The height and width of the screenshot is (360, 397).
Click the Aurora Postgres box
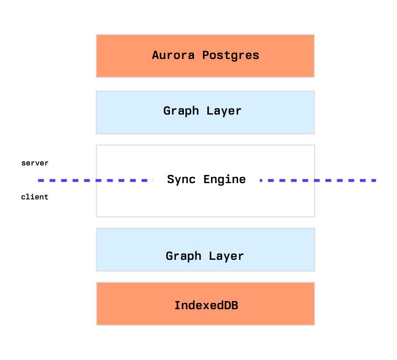click(x=205, y=56)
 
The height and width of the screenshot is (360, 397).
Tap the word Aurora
click(x=173, y=55)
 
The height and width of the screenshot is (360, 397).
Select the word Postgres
click(x=231, y=56)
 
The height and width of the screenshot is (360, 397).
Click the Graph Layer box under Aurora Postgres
click(x=205, y=113)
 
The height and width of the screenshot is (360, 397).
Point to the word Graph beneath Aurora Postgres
click(x=181, y=111)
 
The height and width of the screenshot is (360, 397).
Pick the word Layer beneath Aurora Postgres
click(x=224, y=111)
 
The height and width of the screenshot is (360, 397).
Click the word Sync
click(x=181, y=179)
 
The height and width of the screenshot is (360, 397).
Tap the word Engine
click(x=225, y=179)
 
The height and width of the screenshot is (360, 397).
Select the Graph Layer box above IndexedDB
click(x=205, y=250)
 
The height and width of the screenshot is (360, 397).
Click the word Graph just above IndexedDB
click(x=183, y=256)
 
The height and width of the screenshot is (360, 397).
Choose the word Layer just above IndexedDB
click(x=226, y=256)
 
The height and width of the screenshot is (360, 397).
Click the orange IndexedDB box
click(x=205, y=304)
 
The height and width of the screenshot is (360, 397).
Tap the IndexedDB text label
click(x=206, y=305)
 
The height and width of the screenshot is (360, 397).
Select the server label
click(x=34, y=163)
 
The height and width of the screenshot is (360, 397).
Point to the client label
click(x=34, y=197)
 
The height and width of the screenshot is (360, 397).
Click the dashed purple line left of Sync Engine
click(x=96, y=181)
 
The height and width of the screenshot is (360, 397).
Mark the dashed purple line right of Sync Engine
click(x=318, y=181)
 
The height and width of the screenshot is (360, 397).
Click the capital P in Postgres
click(x=205, y=55)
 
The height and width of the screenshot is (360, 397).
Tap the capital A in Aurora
click(x=155, y=55)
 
